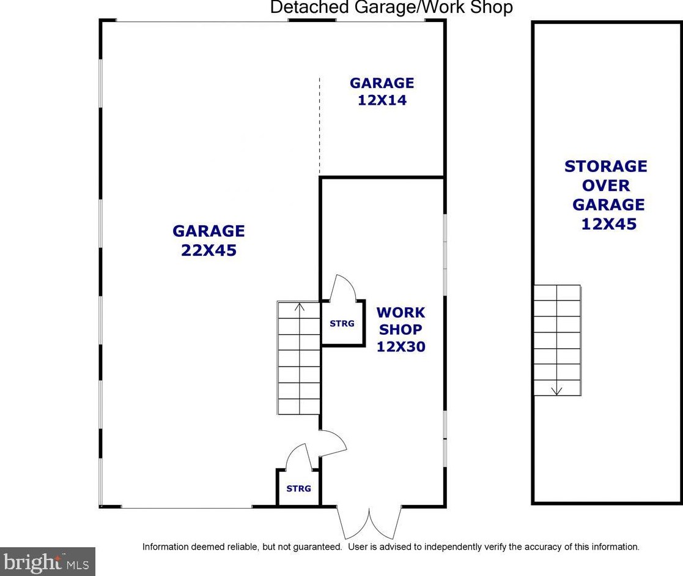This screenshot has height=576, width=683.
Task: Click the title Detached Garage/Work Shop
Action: pos(391,8)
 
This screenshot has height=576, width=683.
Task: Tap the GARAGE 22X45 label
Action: pos(209,241)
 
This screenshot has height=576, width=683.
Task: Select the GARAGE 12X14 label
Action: pos(382,91)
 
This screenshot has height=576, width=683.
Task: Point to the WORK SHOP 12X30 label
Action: pos(401,329)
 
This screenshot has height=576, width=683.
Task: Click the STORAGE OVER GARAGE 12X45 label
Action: pos(605,195)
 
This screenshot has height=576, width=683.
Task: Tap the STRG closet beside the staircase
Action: pos(342,323)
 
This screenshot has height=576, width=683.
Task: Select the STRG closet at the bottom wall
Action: pos(298,488)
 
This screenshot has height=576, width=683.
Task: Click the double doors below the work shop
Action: pos(369,522)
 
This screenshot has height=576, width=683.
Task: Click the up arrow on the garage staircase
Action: pos(300,307)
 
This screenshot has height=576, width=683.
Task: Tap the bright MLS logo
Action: pos(47,561)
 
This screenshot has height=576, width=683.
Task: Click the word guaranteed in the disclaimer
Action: pos(314,547)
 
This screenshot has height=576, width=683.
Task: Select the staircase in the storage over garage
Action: pos(556,340)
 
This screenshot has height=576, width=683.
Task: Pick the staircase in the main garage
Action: pos(299,358)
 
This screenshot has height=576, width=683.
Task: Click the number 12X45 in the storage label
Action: pos(608,224)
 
